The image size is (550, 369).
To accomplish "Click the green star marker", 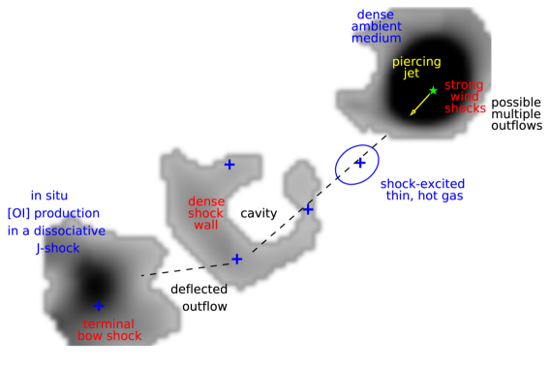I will [x=434, y=90].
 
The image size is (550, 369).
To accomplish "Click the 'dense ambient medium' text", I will [x=377, y=27].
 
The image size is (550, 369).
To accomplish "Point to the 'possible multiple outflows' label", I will [x=516, y=113].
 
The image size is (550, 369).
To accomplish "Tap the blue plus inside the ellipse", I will [x=359, y=163].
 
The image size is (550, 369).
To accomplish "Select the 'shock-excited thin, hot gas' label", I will [x=421, y=189].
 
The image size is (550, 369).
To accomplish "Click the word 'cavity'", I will [x=259, y=212].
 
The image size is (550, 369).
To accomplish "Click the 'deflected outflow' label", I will [x=199, y=297].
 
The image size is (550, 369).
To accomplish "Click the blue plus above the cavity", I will [x=229, y=165].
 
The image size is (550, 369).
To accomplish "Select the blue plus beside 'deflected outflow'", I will [x=236, y=259].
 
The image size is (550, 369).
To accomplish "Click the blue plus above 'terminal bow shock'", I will [x=98, y=306].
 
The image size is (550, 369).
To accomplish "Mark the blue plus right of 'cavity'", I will [x=308, y=209].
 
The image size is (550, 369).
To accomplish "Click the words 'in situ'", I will [x=48, y=194].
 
